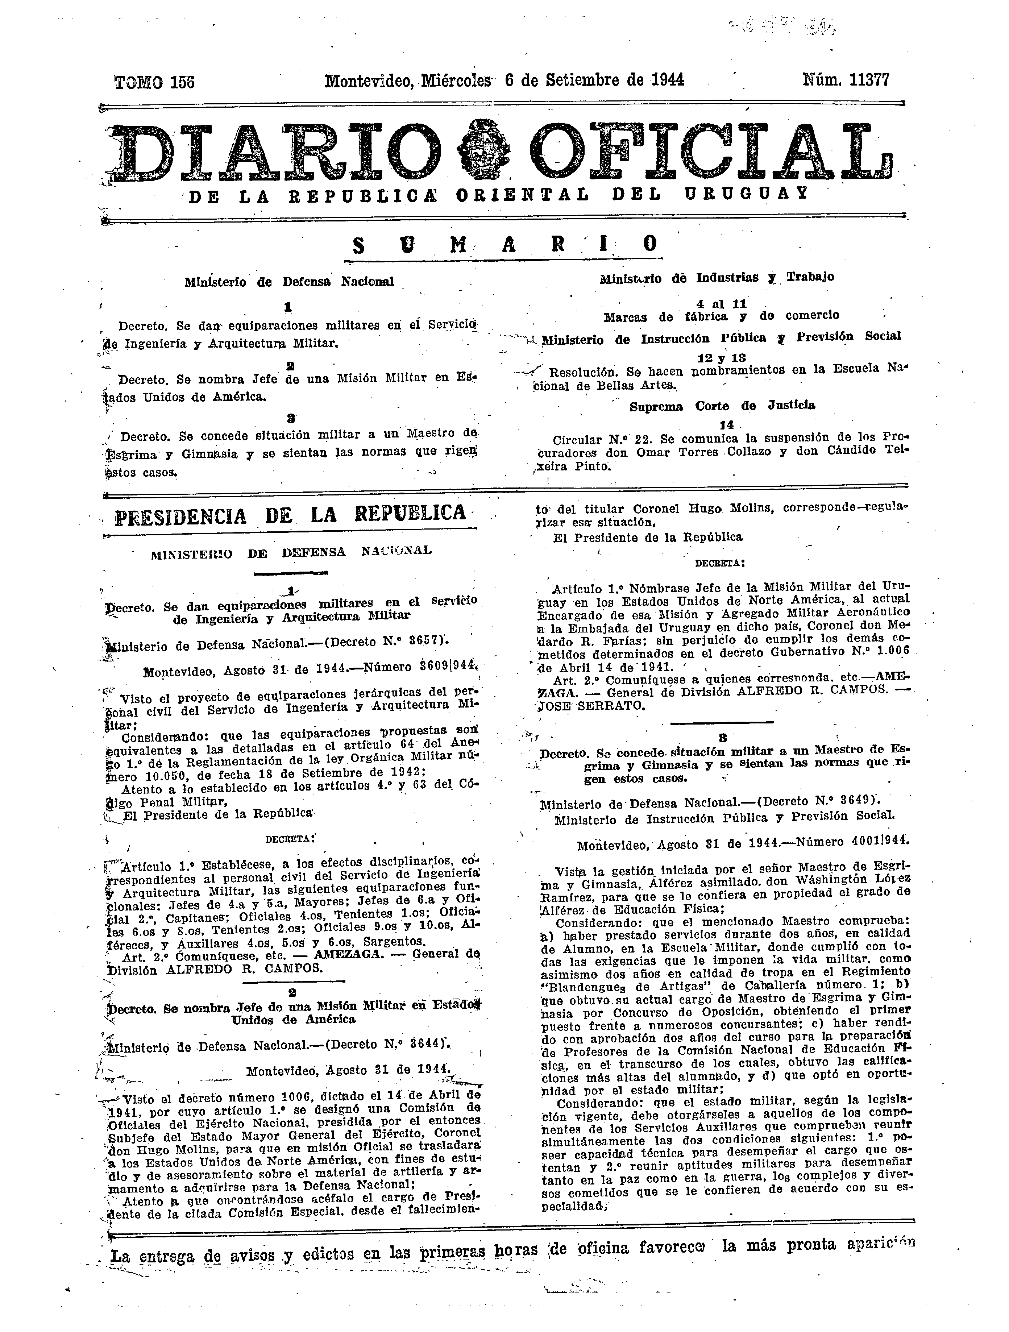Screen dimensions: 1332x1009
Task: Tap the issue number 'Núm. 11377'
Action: [x=846, y=80]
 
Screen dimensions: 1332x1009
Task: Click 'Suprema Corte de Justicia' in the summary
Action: [x=722, y=406]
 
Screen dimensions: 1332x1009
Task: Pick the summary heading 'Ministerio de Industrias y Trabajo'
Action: [x=717, y=278]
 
